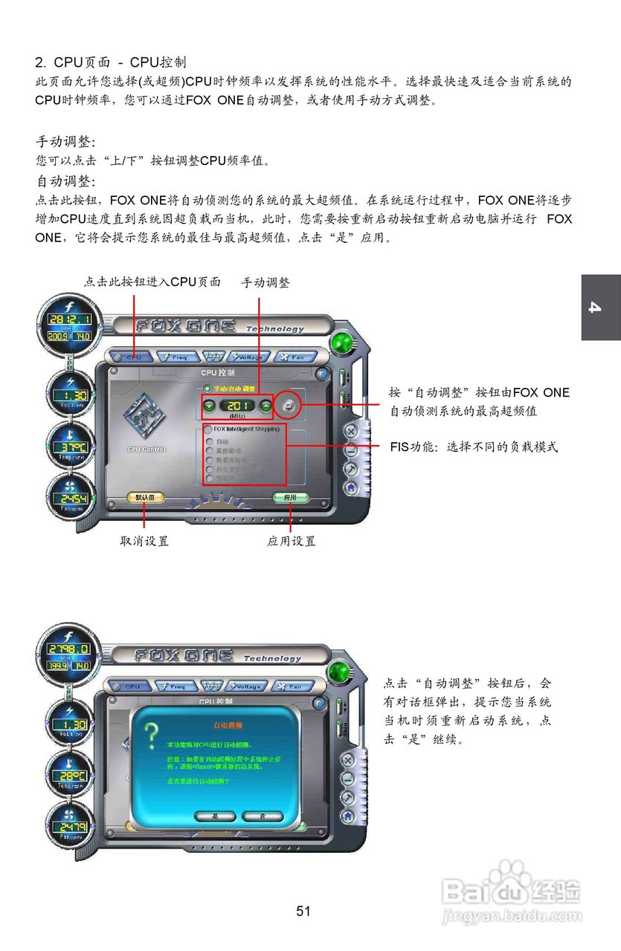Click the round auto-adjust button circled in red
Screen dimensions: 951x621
(x=289, y=405)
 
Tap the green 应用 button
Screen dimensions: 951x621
(x=290, y=497)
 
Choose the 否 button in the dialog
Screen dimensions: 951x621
(x=261, y=816)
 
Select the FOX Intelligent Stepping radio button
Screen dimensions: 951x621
(x=207, y=429)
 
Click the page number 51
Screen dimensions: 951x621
(x=303, y=911)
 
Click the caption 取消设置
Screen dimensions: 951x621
(x=144, y=541)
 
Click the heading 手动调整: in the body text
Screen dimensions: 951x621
(x=66, y=141)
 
